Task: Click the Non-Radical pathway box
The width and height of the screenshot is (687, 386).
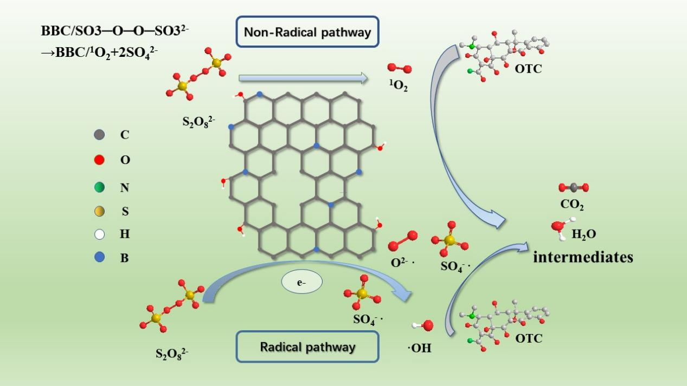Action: (307, 32)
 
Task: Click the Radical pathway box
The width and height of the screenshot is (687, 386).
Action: (307, 346)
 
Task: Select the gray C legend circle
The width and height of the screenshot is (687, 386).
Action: (99, 135)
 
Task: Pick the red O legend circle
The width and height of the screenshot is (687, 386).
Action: (99, 160)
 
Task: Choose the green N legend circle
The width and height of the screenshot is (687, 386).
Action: (99, 187)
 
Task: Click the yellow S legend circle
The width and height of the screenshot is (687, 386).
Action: (99, 212)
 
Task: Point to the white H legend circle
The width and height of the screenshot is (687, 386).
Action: (99, 234)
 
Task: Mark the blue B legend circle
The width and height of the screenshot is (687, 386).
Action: (99, 258)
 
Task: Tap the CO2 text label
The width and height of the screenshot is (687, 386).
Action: (572, 206)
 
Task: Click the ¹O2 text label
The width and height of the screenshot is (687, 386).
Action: (398, 86)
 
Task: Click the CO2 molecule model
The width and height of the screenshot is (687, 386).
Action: (574, 188)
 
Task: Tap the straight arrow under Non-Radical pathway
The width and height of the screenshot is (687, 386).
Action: (303, 79)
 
